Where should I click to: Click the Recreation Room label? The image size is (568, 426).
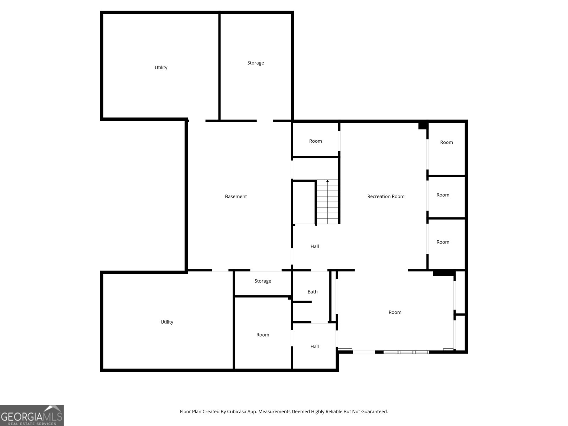pyautogui.click(x=386, y=196)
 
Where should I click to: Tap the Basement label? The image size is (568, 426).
pyautogui.click(x=236, y=196)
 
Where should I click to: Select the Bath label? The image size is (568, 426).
pyautogui.click(x=312, y=291)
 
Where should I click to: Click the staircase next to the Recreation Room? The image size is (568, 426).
pyautogui.click(x=327, y=202)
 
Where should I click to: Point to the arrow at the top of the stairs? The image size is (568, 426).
pyautogui.click(x=327, y=181)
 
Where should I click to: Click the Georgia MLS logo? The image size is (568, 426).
pyautogui.click(x=32, y=415)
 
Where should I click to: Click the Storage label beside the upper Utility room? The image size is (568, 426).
pyautogui.click(x=255, y=63)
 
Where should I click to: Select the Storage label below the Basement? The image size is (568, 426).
pyautogui.click(x=263, y=281)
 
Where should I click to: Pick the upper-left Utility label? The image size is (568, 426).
pyautogui.click(x=161, y=67)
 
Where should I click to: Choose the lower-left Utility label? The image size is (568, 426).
pyautogui.click(x=166, y=322)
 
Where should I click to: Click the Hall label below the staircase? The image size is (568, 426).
pyautogui.click(x=315, y=246)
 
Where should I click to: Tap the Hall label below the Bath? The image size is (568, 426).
pyautogui.click(x=315, y=346)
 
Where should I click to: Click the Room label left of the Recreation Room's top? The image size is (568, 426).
pyautogui.click(x=316, y=141)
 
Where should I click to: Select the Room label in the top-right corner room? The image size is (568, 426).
pyautogui.click(x=446, y=142)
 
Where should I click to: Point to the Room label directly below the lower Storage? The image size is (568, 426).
pyautogui.click(x=263, y=335)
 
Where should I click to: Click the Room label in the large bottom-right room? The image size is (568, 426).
pyautogui.click(x=395, y=312)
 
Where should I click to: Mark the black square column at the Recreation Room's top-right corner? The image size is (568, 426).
pyautogui.click(x=423, y=126)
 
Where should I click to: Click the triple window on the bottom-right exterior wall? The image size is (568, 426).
pyautogui.click(x=406, y=352)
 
